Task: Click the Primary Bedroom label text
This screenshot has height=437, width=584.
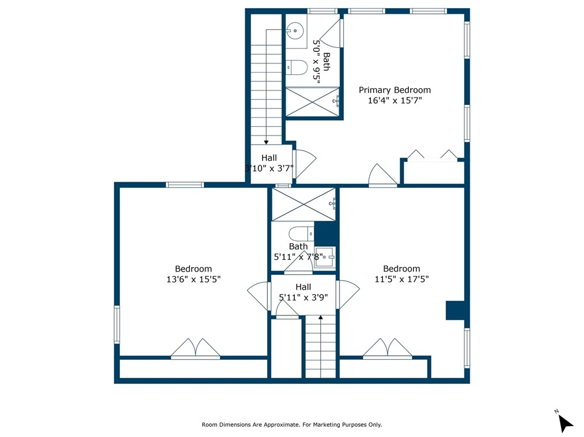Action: [395, 90]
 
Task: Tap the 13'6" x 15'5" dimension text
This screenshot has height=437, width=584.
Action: [194, 279]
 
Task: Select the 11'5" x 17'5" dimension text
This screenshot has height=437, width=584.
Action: [401, 279]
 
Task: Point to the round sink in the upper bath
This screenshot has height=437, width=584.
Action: [295, 31]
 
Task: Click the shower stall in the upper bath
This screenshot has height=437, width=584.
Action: [313, 101]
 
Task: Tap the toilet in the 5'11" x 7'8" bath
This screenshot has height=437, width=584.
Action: [301, 234]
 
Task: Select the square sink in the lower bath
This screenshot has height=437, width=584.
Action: [325, 257]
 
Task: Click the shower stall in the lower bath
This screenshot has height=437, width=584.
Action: [304, 204]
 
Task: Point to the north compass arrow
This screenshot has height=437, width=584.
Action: [566, 423]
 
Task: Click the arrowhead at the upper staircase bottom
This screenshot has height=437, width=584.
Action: [266, 142]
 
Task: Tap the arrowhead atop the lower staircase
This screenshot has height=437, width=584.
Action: [321, 317]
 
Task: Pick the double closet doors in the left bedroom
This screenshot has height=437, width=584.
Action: [196, 349]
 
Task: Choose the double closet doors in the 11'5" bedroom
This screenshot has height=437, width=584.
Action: [388, 349]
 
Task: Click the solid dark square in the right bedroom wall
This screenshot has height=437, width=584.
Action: [455, 310]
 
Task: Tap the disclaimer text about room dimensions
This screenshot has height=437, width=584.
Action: [291, 425]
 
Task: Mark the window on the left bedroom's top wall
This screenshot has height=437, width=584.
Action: [185, 184]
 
